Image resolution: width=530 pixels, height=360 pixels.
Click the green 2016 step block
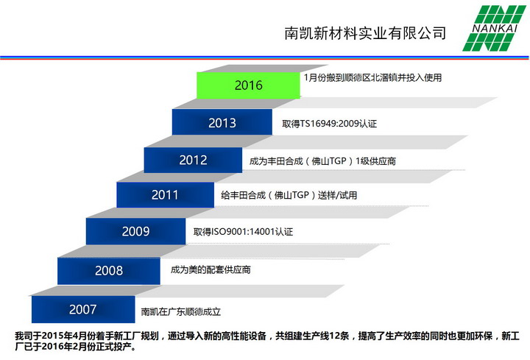pyautogui.click(x=248, y=85)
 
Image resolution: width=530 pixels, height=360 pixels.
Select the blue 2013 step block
pyautogui.click(x=222, y=122)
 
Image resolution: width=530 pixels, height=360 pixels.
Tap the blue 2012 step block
pyautogui.click(x=193, y=160)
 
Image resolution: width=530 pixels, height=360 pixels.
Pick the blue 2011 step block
pyautogui.click(x=166, y=194)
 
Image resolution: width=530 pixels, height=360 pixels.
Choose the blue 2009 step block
pyautogui.click(x=136, y=231)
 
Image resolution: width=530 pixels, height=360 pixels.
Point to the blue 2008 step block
pyautogui.click(x=109, y=271)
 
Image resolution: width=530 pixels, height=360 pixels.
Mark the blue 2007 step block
pyautogui.click(x=83, y=309)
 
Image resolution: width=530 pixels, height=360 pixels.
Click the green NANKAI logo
pyautogui.click(x=495, y=28)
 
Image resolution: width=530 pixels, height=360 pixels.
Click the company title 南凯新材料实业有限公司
pyautogui.click(x=365, y=33)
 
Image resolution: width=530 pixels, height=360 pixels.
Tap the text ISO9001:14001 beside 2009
pyautogui.click(x=243, y=232)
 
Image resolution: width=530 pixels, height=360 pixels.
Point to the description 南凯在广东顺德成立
pyautogui.click(x=181, y=311)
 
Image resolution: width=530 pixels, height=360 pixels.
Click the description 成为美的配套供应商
pyautogui.click(x=211, y=269)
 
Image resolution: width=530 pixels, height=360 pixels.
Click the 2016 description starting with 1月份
pyautogui.click(x=372, y=78)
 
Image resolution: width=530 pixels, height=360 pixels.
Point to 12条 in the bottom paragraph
pyautogui.click(x=339, y=336)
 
